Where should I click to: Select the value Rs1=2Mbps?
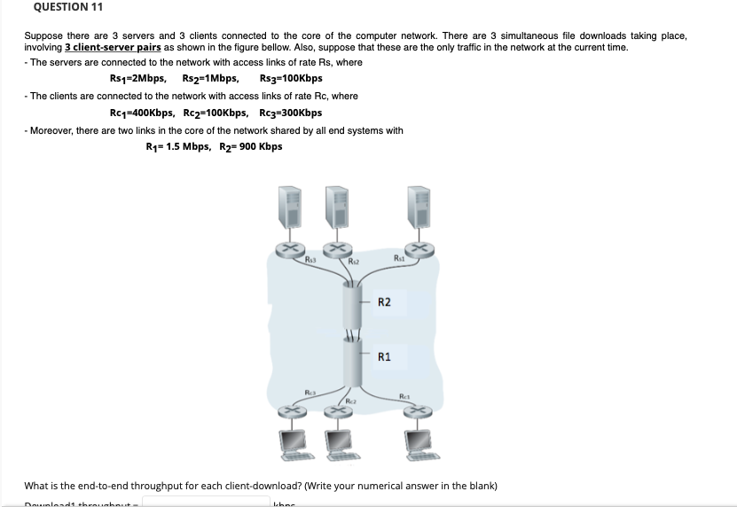pyautogui.click(x=139, y=78)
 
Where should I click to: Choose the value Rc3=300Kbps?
pyautogui.click(x=291, y=113)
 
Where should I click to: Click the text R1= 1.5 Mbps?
pyautogui.click(x=177, y=146)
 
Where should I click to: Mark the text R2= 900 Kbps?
pyautogui.click(x=249, y=146)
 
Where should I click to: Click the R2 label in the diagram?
pyautogui.click(x=384, y=303)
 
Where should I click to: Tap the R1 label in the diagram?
pyautogui.click(x=384, y=357)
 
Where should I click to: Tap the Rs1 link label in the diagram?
pyautogui.click(x=400, y=259)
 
